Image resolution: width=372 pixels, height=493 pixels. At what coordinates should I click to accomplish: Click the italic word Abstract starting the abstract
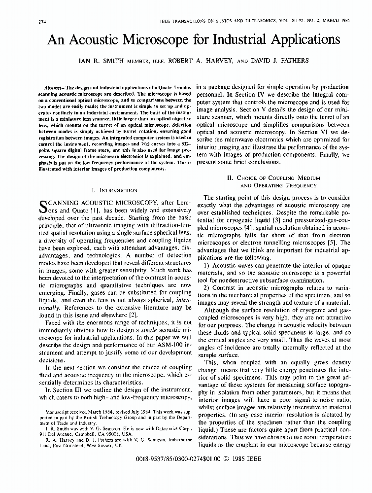tap(56, 87)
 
